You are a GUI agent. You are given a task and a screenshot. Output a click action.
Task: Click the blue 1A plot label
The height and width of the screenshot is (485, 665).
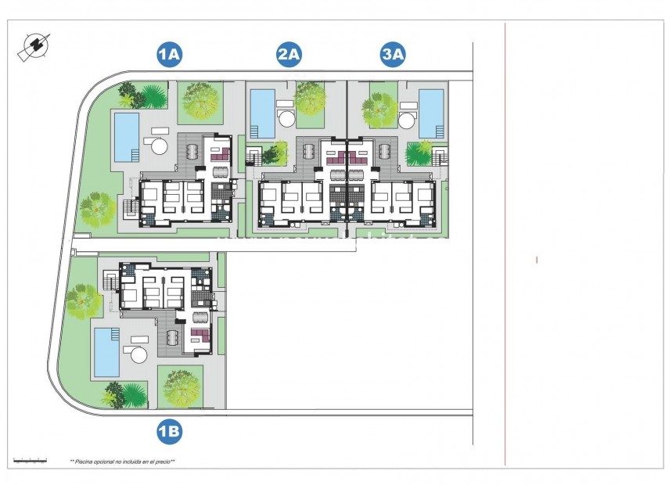click(170, 55)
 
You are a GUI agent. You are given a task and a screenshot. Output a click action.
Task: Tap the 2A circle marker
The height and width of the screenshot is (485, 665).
click(289, 55)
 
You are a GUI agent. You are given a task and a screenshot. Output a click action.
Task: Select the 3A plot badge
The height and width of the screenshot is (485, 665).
click(393, 55)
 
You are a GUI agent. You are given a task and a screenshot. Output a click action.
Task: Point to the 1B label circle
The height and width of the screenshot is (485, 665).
click(170, 430)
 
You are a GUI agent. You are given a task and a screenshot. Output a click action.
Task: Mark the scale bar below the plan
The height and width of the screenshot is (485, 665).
click(31, 460)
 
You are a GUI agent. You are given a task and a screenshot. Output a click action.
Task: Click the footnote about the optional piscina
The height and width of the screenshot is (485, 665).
click(123, 462)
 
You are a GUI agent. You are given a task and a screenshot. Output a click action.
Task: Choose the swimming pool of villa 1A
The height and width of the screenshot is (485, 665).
click(126, 137)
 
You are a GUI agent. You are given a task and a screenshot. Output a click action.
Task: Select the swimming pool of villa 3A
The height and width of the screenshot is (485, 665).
click(431, 112)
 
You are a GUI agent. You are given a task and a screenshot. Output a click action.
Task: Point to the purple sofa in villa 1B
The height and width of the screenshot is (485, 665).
click(200, 338)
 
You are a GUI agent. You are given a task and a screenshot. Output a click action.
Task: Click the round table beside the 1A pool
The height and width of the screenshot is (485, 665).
click(159, 146)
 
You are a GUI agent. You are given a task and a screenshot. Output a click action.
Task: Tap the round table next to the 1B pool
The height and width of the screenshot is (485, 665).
click(139, 355)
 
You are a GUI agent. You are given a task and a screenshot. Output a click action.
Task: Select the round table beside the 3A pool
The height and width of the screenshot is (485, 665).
click(407, 120)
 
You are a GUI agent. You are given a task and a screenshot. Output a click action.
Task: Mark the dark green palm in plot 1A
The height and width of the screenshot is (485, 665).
click(153, 95)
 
